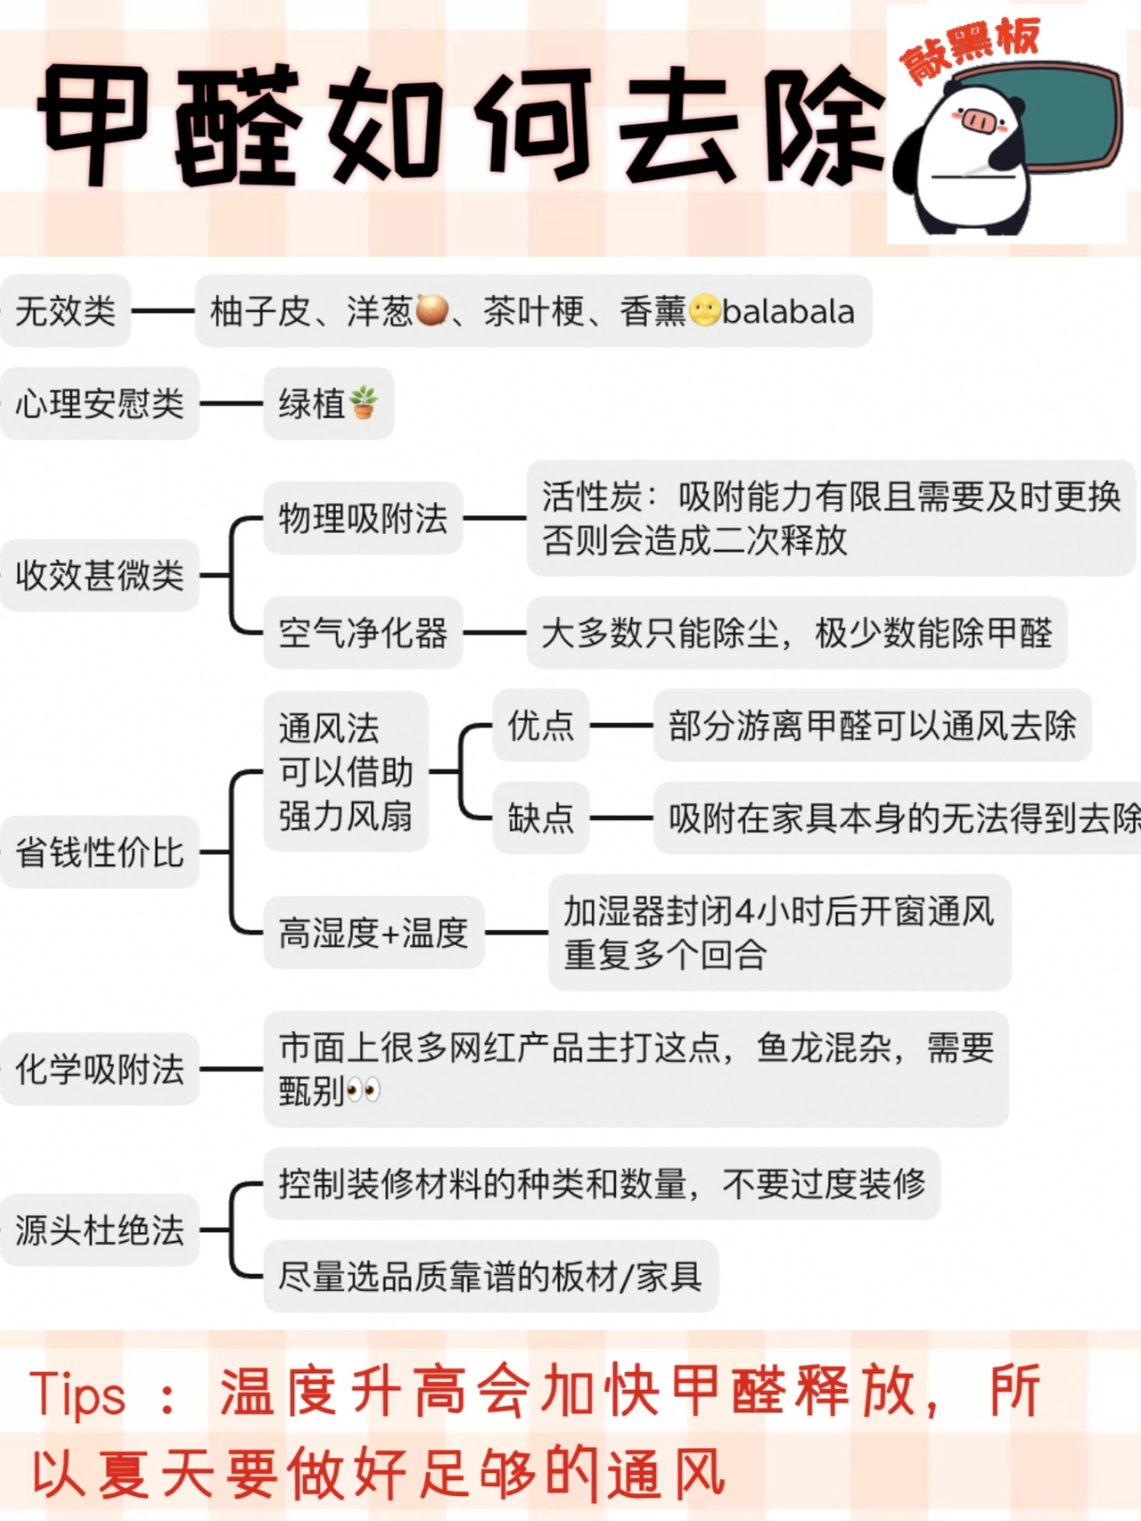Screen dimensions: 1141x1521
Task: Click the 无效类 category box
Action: (66, 311)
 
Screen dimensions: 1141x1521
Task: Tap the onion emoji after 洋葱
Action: (432, 310)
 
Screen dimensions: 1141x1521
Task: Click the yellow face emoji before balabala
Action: (704, 310)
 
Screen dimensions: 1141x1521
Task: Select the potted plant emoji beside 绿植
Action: (364, 403)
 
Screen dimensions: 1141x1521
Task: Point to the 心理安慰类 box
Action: (99, 404)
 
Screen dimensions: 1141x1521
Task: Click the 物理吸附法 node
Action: (363, 518)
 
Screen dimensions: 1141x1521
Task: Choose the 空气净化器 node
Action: (363, 633)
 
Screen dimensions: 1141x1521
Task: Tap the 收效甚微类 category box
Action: (99, 575)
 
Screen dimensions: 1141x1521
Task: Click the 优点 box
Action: (540, 725)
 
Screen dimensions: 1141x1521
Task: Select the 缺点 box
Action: (540, 818)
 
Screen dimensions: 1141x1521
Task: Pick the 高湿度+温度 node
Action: (373, 933)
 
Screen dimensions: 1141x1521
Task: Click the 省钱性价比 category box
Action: (99, 852)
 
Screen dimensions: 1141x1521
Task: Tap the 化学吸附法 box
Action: (99, 1069)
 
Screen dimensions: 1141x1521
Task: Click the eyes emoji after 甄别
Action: (364, 1090)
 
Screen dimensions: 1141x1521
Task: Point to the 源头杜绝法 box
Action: (99, 1230)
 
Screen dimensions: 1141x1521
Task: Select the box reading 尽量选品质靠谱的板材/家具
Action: (490, 1276)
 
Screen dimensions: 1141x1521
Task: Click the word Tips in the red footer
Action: (78, 1394)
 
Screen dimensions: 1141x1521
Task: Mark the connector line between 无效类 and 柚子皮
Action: (163, 311)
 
